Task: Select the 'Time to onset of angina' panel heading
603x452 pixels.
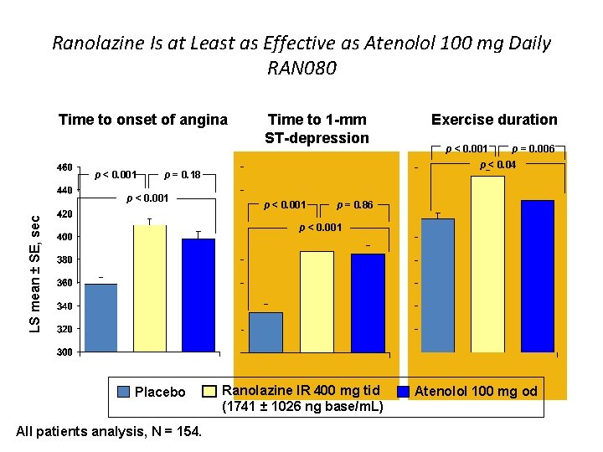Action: pyautogui.click(x=143, y=120)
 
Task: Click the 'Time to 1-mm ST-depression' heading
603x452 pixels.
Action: pyautogui.click(x=317, y=129)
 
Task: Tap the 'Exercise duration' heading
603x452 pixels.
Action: pyautogui.click(x=493, y=120)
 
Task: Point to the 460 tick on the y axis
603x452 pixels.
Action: pyautogui.click(x=64, y=167)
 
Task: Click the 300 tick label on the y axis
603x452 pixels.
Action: pyautogui.click(x=64, y=352)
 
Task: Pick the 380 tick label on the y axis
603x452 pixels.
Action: pyautogui.click(x=64, y=260)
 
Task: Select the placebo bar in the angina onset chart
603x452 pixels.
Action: pyautogui.click(x=100, y=318)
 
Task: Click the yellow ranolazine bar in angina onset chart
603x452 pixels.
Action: pyautogui.click(x=150, y=289)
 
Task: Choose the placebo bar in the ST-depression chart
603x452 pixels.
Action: pyautogui.click(x=266, y=332)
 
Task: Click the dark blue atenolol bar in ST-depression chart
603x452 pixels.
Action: pyautogui.click(x=368, y=302)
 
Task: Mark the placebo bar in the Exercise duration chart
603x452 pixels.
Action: pyautogui.click(x=437, y=285)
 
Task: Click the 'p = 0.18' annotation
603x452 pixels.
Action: pyautogui.click(x=183, y=174)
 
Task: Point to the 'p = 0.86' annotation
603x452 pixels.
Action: pyautogui.click(x=354, y=204)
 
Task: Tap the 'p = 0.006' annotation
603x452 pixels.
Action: pyautogui.click(x=533, y=149)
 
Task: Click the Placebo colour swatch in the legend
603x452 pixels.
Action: pyautogui.click(x=124, y=392)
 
